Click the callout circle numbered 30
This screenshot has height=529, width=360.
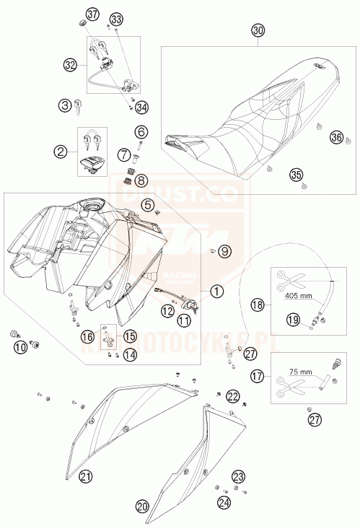[258, 30]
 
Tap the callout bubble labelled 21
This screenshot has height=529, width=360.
[87, 476]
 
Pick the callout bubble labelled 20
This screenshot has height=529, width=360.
[143, 505]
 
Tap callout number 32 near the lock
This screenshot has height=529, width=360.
[69, 65]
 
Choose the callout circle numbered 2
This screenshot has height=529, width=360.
[61, 151]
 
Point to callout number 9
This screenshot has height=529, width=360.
[224, 251]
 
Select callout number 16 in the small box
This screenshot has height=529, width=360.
[87, 336]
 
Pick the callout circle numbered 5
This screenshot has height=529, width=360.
[148, 204]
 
